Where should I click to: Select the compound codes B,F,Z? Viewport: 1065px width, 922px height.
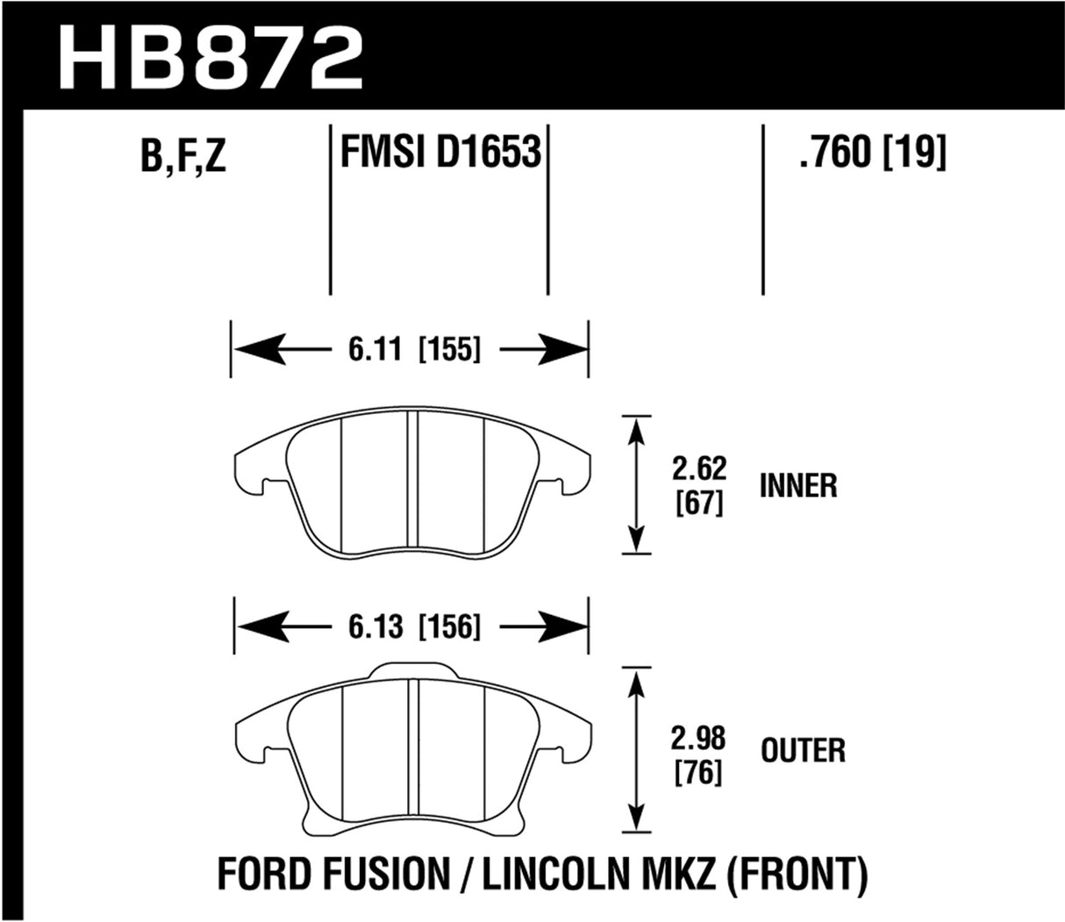coord(182,158)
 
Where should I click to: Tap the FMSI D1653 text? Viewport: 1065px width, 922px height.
coord(439,154)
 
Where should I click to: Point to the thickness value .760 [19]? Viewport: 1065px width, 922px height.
coord(872,154)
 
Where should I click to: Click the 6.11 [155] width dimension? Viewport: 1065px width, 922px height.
coord(409,350)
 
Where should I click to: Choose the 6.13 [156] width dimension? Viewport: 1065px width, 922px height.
coord(409,627)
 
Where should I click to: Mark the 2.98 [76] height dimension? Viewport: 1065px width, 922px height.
coord(699,754)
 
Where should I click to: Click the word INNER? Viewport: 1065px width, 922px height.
coord(798,486)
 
